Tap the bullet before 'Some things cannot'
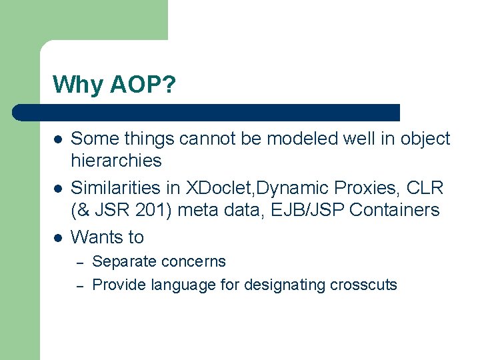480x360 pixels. tap(58, 139)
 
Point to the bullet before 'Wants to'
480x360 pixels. tap(58, 237)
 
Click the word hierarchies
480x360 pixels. tap(116, 161)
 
